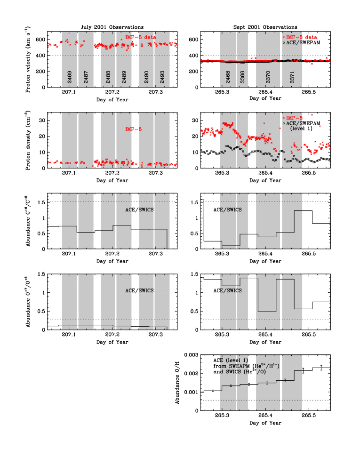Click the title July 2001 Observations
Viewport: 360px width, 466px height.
pyautogui.click(x=112, y=27)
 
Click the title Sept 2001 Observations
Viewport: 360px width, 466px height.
pyautogui.click(x=265, y=27)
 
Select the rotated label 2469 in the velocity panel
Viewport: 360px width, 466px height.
pyautogui.click(x=70, y=77)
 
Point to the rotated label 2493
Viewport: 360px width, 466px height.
pyautogui.click(x=162, y=77)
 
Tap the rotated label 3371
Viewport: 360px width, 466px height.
pyautogui.click(x=292, y=77)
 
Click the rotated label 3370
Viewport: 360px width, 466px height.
pyautogui.click(x=268, y=77)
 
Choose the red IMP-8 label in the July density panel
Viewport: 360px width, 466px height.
pyautogui.click(x=133, y=129)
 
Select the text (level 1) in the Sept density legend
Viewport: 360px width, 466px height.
pyautogui.click(x=301, y=129)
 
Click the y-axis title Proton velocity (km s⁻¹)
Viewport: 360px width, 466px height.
pyautogui.click(x=28, y=59)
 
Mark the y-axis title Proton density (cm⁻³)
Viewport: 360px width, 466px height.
pyautogui.click(x=28, y=140)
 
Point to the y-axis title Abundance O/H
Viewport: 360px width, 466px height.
pyautogui.click(x=177, y=383)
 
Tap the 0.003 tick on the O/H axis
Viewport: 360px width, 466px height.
pyautogui.click(x=191, y=355)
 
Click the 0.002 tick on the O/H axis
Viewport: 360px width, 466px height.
pyautogui.click(x=191, y=374)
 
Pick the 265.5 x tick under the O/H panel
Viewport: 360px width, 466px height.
pyautogui.click(x=309, y=416)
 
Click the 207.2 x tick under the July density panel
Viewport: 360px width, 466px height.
pyautogui.click(x=112, y=173)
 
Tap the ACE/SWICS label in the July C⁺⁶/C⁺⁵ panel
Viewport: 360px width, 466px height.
pyautogui.click(x=139, y=210)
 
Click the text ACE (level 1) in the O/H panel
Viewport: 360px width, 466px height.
pyautogui.click(x=231, y=360)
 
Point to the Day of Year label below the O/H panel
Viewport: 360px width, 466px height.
pyautogui.click(x=265, y=423)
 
